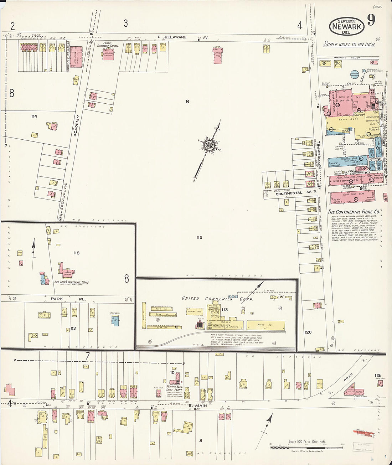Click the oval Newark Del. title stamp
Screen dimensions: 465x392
346,26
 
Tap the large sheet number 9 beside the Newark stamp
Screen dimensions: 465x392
371,20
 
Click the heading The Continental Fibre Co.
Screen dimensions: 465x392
354,212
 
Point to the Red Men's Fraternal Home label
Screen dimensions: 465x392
71,282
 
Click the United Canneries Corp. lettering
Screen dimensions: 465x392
217,299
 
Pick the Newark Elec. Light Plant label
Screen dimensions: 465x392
174,388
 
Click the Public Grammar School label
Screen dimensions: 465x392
109,44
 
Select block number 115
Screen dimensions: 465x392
199,237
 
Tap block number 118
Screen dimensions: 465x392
76,253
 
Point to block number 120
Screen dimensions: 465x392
308,332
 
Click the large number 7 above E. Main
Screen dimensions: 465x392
87,356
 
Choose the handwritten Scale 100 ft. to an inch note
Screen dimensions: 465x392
349,44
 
